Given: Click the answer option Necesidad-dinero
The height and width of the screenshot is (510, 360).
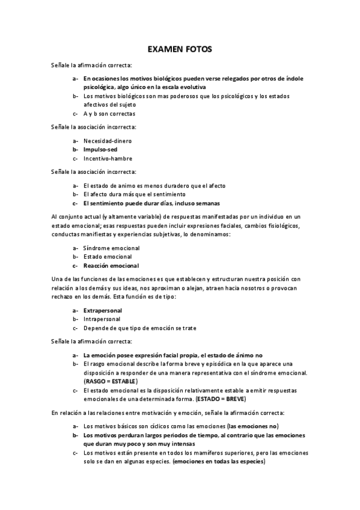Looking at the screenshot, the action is (108, 141).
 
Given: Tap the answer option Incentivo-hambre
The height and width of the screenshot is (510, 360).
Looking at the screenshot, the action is (108, 158).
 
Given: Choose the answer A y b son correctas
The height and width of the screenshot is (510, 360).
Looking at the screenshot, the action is (109, 114).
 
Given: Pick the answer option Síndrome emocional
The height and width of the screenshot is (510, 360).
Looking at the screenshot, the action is (111, 248).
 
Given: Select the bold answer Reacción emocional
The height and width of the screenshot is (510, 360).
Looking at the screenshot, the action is (111, 265).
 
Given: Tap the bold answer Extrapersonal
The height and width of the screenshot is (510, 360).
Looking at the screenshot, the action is (103, 310).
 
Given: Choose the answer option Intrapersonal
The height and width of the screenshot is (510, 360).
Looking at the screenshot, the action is (102, 319).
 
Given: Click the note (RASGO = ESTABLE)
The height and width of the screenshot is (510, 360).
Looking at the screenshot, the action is (111, 381).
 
